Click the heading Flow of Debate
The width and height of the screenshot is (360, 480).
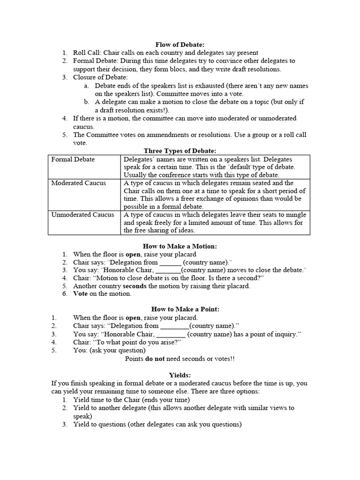point(180,45)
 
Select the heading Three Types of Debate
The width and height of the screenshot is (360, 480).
point(180,151)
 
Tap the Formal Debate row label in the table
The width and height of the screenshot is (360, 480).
point(73,159)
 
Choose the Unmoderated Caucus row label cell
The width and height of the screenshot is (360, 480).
point(83,215)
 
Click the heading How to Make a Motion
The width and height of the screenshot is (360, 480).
point(180,246)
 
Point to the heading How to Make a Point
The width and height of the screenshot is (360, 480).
point(180,309)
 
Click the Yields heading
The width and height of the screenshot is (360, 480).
point(180,375)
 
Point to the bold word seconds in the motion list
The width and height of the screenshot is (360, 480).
point(135,286)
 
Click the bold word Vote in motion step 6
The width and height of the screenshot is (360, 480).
point(81,294)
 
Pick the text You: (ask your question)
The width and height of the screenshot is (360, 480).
point(109,350)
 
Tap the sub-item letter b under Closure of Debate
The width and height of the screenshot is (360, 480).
point(87,102)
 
